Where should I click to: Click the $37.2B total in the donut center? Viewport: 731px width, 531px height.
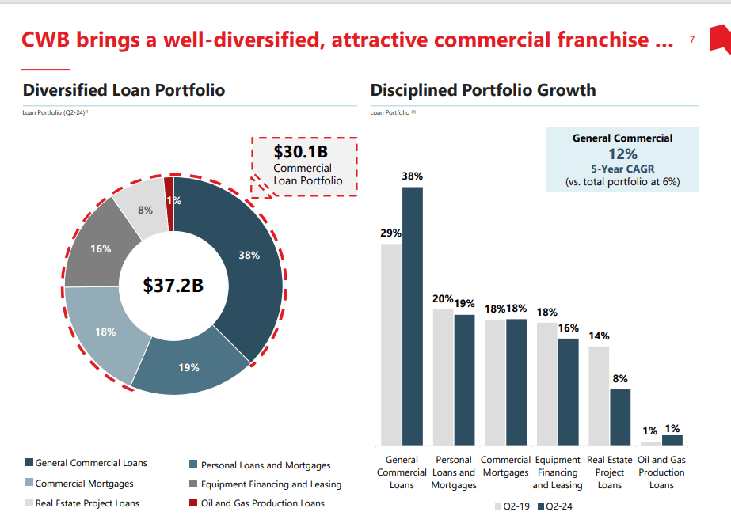tap(173, 286)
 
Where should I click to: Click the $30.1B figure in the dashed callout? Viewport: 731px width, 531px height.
tap(300, 151)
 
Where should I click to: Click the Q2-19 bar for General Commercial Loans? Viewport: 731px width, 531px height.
tap(391, 343)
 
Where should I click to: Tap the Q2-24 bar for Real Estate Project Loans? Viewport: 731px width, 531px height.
tap(620, 416)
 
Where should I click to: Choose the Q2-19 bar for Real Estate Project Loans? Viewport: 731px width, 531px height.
tap(599, 395)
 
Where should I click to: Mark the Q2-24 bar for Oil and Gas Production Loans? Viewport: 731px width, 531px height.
tap(672, 440)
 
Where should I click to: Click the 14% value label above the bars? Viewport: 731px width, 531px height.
tap(599, 336)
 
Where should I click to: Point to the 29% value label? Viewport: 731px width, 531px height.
tap(390, 233)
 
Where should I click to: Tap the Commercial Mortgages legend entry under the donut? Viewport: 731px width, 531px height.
tap(79, 484)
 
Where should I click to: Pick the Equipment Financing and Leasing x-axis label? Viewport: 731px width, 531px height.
tap(557, 472)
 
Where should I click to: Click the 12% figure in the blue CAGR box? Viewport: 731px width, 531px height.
tap(622, 154)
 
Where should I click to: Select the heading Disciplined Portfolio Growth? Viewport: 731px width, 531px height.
tap(482, 90)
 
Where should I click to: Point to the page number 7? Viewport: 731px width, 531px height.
tap(692, 40)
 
